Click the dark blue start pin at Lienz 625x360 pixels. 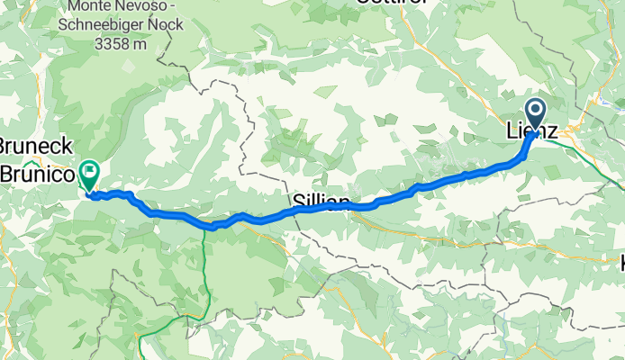(536, 115)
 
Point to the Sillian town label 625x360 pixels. (321, 200)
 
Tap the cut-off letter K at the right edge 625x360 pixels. (620, 263)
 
